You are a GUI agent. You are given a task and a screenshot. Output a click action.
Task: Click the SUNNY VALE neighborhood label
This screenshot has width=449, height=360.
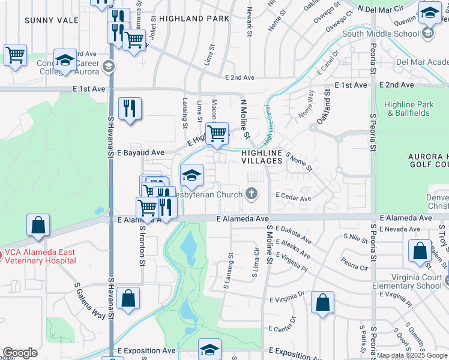pos(43,20)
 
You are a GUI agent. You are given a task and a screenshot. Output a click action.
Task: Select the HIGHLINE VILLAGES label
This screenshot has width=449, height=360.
pos(262,157)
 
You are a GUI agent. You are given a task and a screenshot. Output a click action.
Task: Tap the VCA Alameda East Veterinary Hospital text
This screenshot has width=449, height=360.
pos(41,256)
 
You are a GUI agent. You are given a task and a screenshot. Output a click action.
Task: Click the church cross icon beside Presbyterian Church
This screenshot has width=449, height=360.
pos(252,194)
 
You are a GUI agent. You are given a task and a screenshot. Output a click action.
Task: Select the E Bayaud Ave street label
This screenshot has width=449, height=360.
pos(141,153)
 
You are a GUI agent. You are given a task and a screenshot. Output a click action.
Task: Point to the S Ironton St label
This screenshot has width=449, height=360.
pos(143,245)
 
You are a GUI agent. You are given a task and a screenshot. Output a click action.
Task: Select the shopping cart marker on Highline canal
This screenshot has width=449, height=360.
pos(217,133)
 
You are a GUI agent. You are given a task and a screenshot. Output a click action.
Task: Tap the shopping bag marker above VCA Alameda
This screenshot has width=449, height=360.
pos(38,226)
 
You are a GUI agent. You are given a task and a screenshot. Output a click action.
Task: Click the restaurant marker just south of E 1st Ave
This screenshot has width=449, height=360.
pos(130,109)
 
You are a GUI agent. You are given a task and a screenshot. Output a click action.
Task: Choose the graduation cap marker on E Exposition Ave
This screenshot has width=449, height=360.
pos(209,349)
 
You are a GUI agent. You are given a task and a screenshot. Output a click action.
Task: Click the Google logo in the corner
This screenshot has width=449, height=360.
pos(20,353)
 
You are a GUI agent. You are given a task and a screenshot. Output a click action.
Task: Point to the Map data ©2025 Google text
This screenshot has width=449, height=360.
pos(412,356)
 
